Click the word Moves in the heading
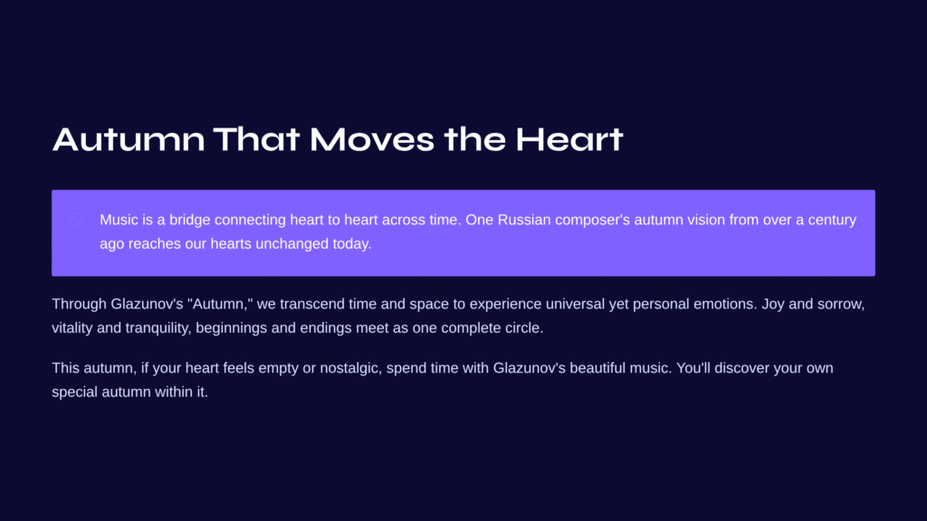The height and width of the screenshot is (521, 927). coord(372,139)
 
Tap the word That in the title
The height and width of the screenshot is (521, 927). coord(256,139)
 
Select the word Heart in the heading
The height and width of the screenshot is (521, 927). coord(569,139)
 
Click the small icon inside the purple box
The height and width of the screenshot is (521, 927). coord(76,219)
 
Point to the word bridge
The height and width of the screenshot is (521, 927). coord(190,220)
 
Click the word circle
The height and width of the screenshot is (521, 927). coord(524,327)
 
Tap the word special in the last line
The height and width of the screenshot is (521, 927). coord(74,393)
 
